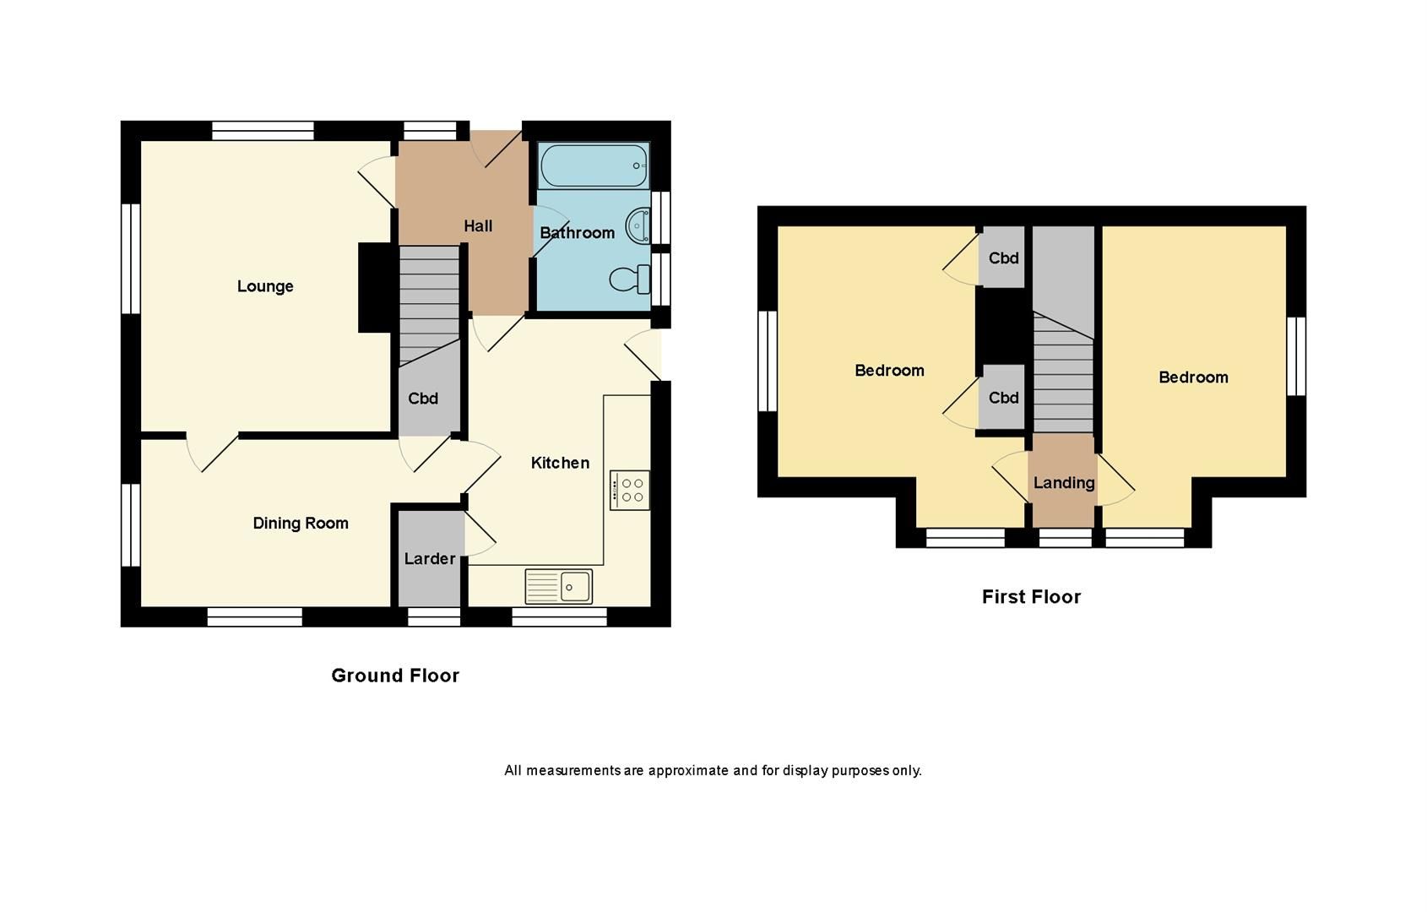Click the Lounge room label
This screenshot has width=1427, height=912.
[x=265, y=286]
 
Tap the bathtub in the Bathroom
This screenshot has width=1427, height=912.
[x=594, y=166]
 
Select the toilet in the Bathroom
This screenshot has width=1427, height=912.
[x=628, y=279]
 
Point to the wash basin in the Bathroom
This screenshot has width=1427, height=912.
[x=638, y=226]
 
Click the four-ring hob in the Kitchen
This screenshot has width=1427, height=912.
[x=630, y=490]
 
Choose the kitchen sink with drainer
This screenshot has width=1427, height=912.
[x=559, y=586]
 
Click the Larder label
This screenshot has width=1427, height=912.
[x=430, y=558]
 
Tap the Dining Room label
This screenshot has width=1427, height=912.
[x=301, y=523]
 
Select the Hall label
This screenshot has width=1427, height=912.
[x=478, y=225]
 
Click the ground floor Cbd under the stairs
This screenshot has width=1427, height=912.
[x=423, y=399]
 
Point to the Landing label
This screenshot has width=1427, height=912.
[x=1064, y=482]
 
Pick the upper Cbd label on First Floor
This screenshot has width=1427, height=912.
[x=1003, y=258]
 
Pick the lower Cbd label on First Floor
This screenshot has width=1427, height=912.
[x=1003, y=397]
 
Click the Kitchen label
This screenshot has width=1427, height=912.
[x=560, y=462]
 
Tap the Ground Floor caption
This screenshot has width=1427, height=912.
[x=395, y=675]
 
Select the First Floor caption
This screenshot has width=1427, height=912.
[x=1031, y=596]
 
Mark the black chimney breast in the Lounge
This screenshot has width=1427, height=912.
[x=377, y=287]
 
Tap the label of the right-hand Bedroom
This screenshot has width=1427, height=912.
[x=1193, y=377]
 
